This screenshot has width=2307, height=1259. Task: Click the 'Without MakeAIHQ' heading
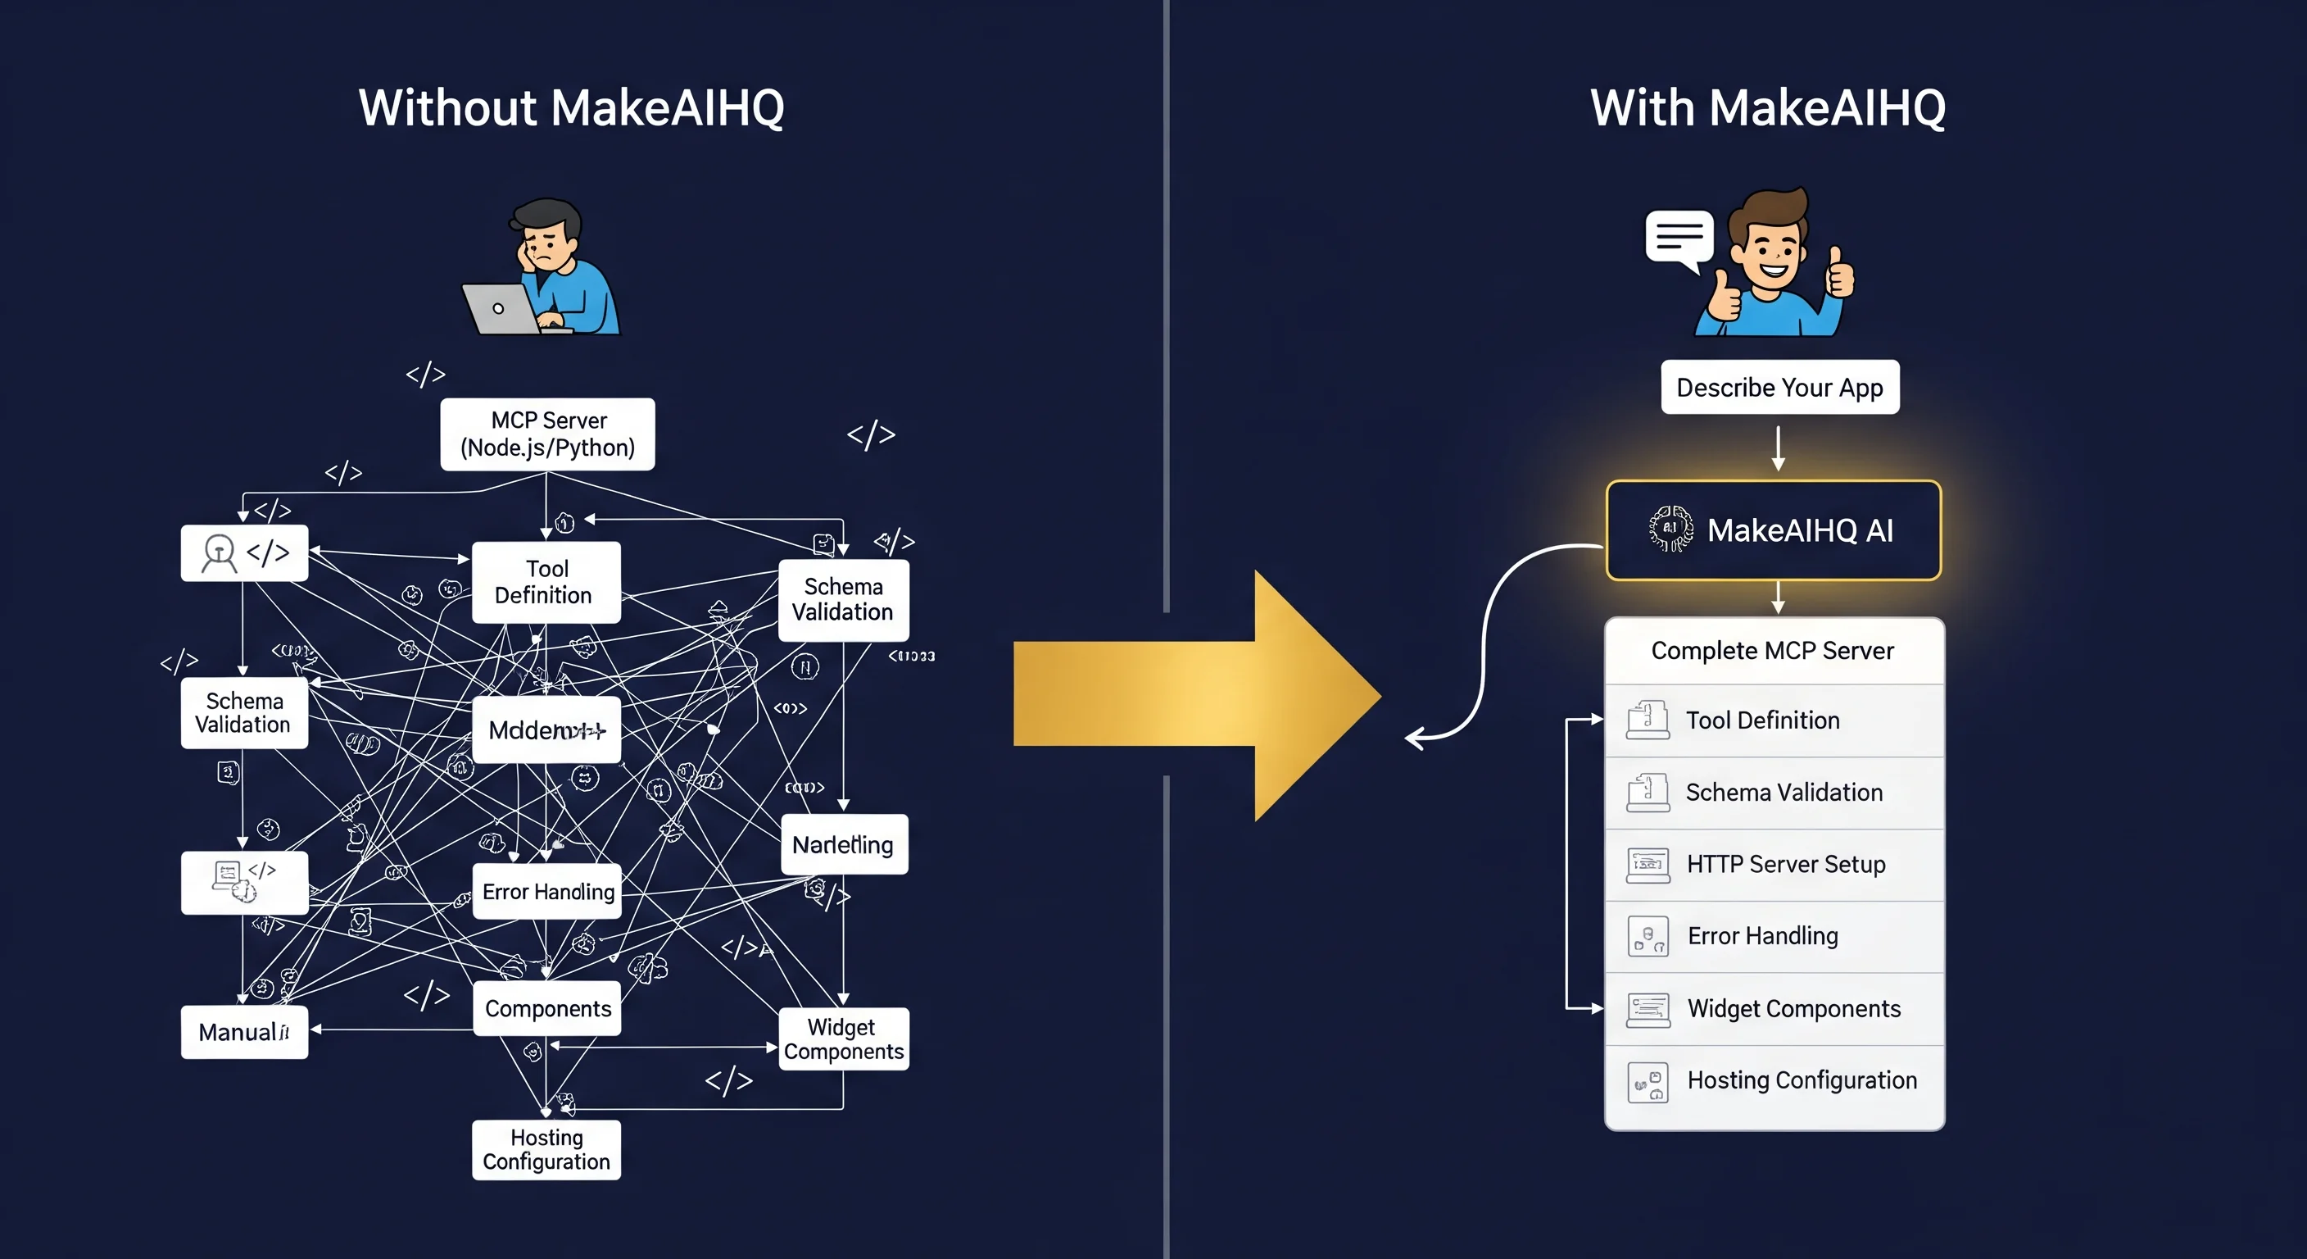pos(571,108)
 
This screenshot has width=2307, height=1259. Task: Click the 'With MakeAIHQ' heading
pos(1767,108)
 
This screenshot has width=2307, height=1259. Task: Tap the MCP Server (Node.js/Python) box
pos(547,434)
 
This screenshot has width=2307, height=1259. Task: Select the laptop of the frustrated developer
pos(500,308)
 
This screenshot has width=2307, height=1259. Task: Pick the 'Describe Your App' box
pos(1779,387)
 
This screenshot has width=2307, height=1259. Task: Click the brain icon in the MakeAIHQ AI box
pos(1670,529)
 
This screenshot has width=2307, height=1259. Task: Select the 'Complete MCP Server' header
pos(1772,651)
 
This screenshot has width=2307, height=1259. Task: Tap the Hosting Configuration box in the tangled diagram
pos(546,1149)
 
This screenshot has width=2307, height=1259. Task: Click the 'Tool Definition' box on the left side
pos(546,582)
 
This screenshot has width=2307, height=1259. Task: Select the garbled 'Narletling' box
pos(844,844)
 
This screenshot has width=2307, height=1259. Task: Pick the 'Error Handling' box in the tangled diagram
pos(547,892)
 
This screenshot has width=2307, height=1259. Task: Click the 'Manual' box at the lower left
pos(243,1032)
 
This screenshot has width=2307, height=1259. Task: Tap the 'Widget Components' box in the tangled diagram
pos(843,1039)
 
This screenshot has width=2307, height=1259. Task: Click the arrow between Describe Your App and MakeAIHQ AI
pos(1779,448)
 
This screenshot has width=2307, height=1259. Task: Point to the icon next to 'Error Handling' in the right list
pos(1648,936)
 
